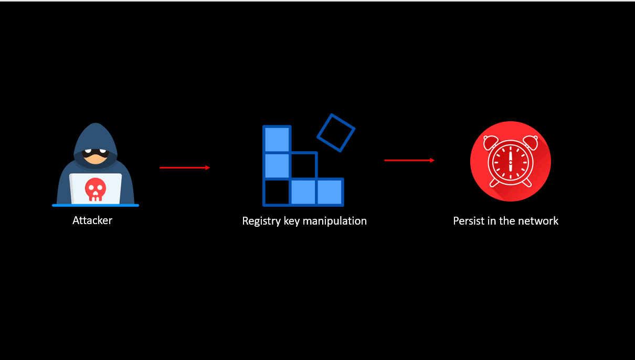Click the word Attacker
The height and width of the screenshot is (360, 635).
[92, 220]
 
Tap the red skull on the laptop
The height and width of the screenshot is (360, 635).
[95, 189]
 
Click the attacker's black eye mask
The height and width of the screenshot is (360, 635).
[96, 155]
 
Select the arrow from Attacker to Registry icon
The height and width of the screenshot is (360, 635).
[185, 167]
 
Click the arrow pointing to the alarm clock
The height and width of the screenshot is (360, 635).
[409, 160]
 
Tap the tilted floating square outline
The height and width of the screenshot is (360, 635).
[336, 133]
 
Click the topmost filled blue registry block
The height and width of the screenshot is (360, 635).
[277, 140]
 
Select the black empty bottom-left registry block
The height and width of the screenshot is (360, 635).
[277, 192]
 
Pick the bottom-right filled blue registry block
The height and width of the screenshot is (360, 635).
[330, 192]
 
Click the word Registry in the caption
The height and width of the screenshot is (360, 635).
[261, 221]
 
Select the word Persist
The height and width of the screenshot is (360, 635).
[469, 221]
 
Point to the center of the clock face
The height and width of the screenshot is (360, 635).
[510, 162]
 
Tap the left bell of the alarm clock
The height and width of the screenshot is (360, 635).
[491, 142]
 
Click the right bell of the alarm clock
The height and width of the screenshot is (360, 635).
[530, 142]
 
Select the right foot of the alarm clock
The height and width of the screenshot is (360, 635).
[526, 183]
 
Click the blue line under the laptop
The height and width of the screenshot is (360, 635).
[96, 205]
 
